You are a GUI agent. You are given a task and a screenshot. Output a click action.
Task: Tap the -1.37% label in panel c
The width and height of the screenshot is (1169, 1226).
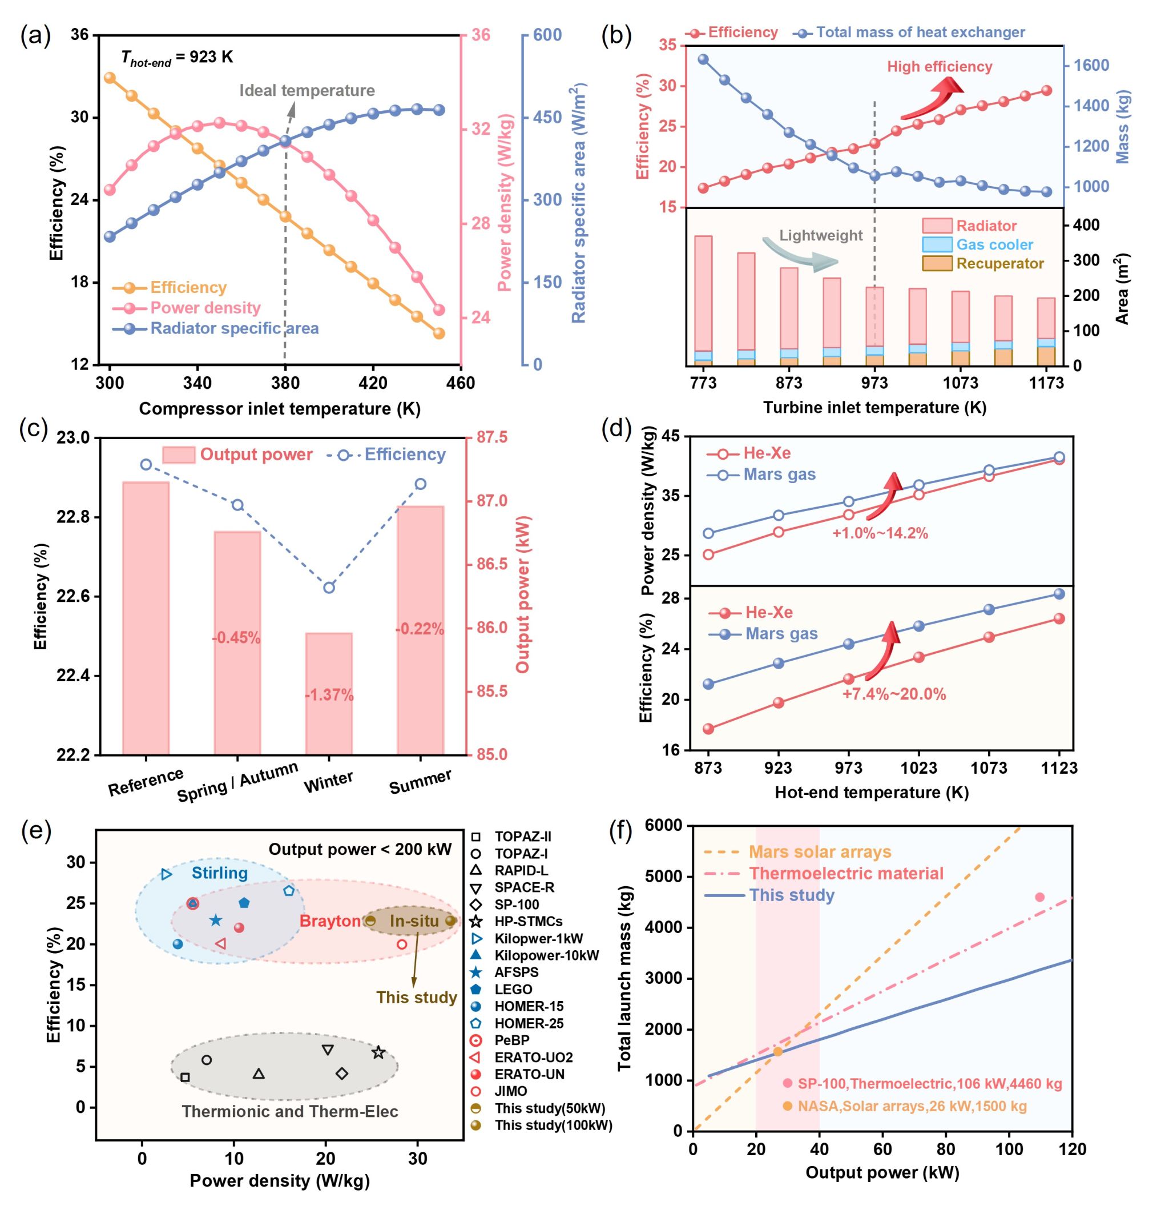329,695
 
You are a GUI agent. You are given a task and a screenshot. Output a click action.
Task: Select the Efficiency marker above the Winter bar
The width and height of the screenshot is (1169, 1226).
329,587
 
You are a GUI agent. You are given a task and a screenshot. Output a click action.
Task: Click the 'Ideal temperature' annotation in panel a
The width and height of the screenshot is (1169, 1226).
307,90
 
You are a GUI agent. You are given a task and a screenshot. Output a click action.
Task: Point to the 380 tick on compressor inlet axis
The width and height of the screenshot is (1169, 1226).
285,383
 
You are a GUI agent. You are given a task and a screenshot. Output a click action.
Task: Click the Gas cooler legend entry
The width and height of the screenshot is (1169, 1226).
994,244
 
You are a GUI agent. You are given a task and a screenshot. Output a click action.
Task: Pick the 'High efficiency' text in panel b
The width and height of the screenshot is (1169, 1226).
939,67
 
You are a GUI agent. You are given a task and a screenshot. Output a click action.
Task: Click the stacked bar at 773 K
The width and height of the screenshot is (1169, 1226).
703,299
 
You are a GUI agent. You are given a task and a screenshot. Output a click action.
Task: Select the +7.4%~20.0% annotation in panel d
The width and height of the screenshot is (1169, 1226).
893,694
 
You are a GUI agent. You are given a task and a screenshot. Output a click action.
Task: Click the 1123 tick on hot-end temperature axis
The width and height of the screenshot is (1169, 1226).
1059,768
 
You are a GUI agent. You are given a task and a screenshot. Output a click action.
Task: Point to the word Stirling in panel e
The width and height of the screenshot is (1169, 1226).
219,873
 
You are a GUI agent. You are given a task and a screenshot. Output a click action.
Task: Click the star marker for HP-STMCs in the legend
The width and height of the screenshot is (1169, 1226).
475,921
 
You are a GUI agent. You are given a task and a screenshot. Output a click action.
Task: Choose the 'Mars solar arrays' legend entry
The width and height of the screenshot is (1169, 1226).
820,851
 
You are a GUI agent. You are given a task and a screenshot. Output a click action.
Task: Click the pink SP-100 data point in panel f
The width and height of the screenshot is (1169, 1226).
1039,898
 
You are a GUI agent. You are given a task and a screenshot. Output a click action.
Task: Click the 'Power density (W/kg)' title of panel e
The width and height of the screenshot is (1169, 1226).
279,1180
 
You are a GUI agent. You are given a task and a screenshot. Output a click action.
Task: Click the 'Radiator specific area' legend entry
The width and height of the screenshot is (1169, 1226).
234,328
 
